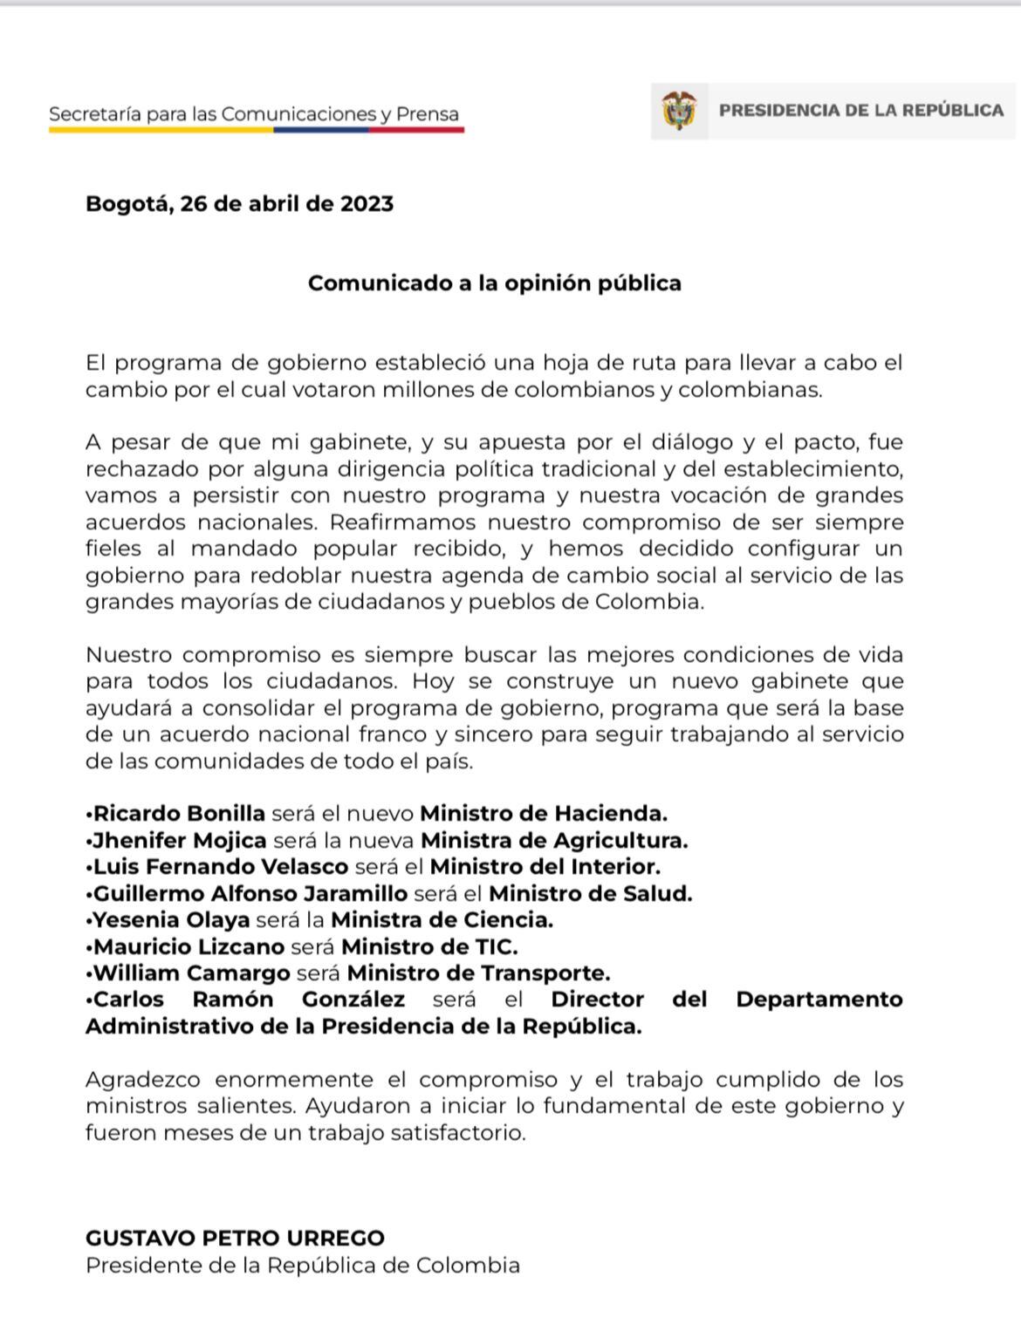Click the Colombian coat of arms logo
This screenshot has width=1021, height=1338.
pos(680,111)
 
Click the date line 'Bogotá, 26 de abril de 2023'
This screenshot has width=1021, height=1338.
pos(239,204)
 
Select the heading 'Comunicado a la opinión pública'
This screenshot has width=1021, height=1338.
pos(494,283)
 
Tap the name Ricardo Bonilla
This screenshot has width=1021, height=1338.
pos(179,814)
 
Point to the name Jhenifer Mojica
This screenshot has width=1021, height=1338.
pos(180,841)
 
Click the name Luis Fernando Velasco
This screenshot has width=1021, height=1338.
pos(221,867)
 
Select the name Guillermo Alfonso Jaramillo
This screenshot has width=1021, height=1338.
pos(250,894)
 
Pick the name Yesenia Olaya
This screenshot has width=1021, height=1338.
pos(172,920)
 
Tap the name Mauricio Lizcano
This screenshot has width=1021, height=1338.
pos(188,946)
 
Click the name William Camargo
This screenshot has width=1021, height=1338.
pos(192,973)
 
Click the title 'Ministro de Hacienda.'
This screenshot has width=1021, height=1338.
pos(544,814)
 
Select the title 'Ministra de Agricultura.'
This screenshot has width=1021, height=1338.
pos(554,841)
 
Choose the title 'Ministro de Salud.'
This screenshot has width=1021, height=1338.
pos(590,894)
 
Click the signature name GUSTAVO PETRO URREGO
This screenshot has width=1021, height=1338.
pos(235,1238)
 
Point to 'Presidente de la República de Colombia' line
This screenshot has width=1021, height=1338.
pos(302,1265)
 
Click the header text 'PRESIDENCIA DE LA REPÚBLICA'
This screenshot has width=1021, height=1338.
pos(860,111)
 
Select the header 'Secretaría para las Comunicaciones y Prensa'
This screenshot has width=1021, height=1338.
pos(254,114)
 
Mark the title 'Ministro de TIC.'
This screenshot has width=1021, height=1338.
pos(429,946)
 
